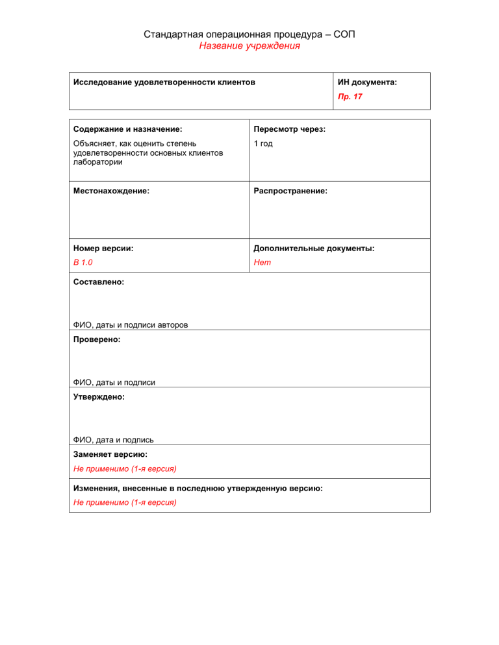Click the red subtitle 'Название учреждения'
(249, 46)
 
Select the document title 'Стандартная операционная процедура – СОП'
(249, 34)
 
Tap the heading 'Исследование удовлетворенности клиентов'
(164, 82)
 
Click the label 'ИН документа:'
(367, 82)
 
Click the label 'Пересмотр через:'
(290, 130)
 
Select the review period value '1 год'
(263, 143)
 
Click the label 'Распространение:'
(290, 191)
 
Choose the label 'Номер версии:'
(103, 249)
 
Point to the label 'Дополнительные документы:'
(314, 249)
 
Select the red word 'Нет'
(262, 262)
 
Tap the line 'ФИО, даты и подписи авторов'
(131, 325)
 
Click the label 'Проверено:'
(97, 339)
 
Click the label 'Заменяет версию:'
(110, 455)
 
